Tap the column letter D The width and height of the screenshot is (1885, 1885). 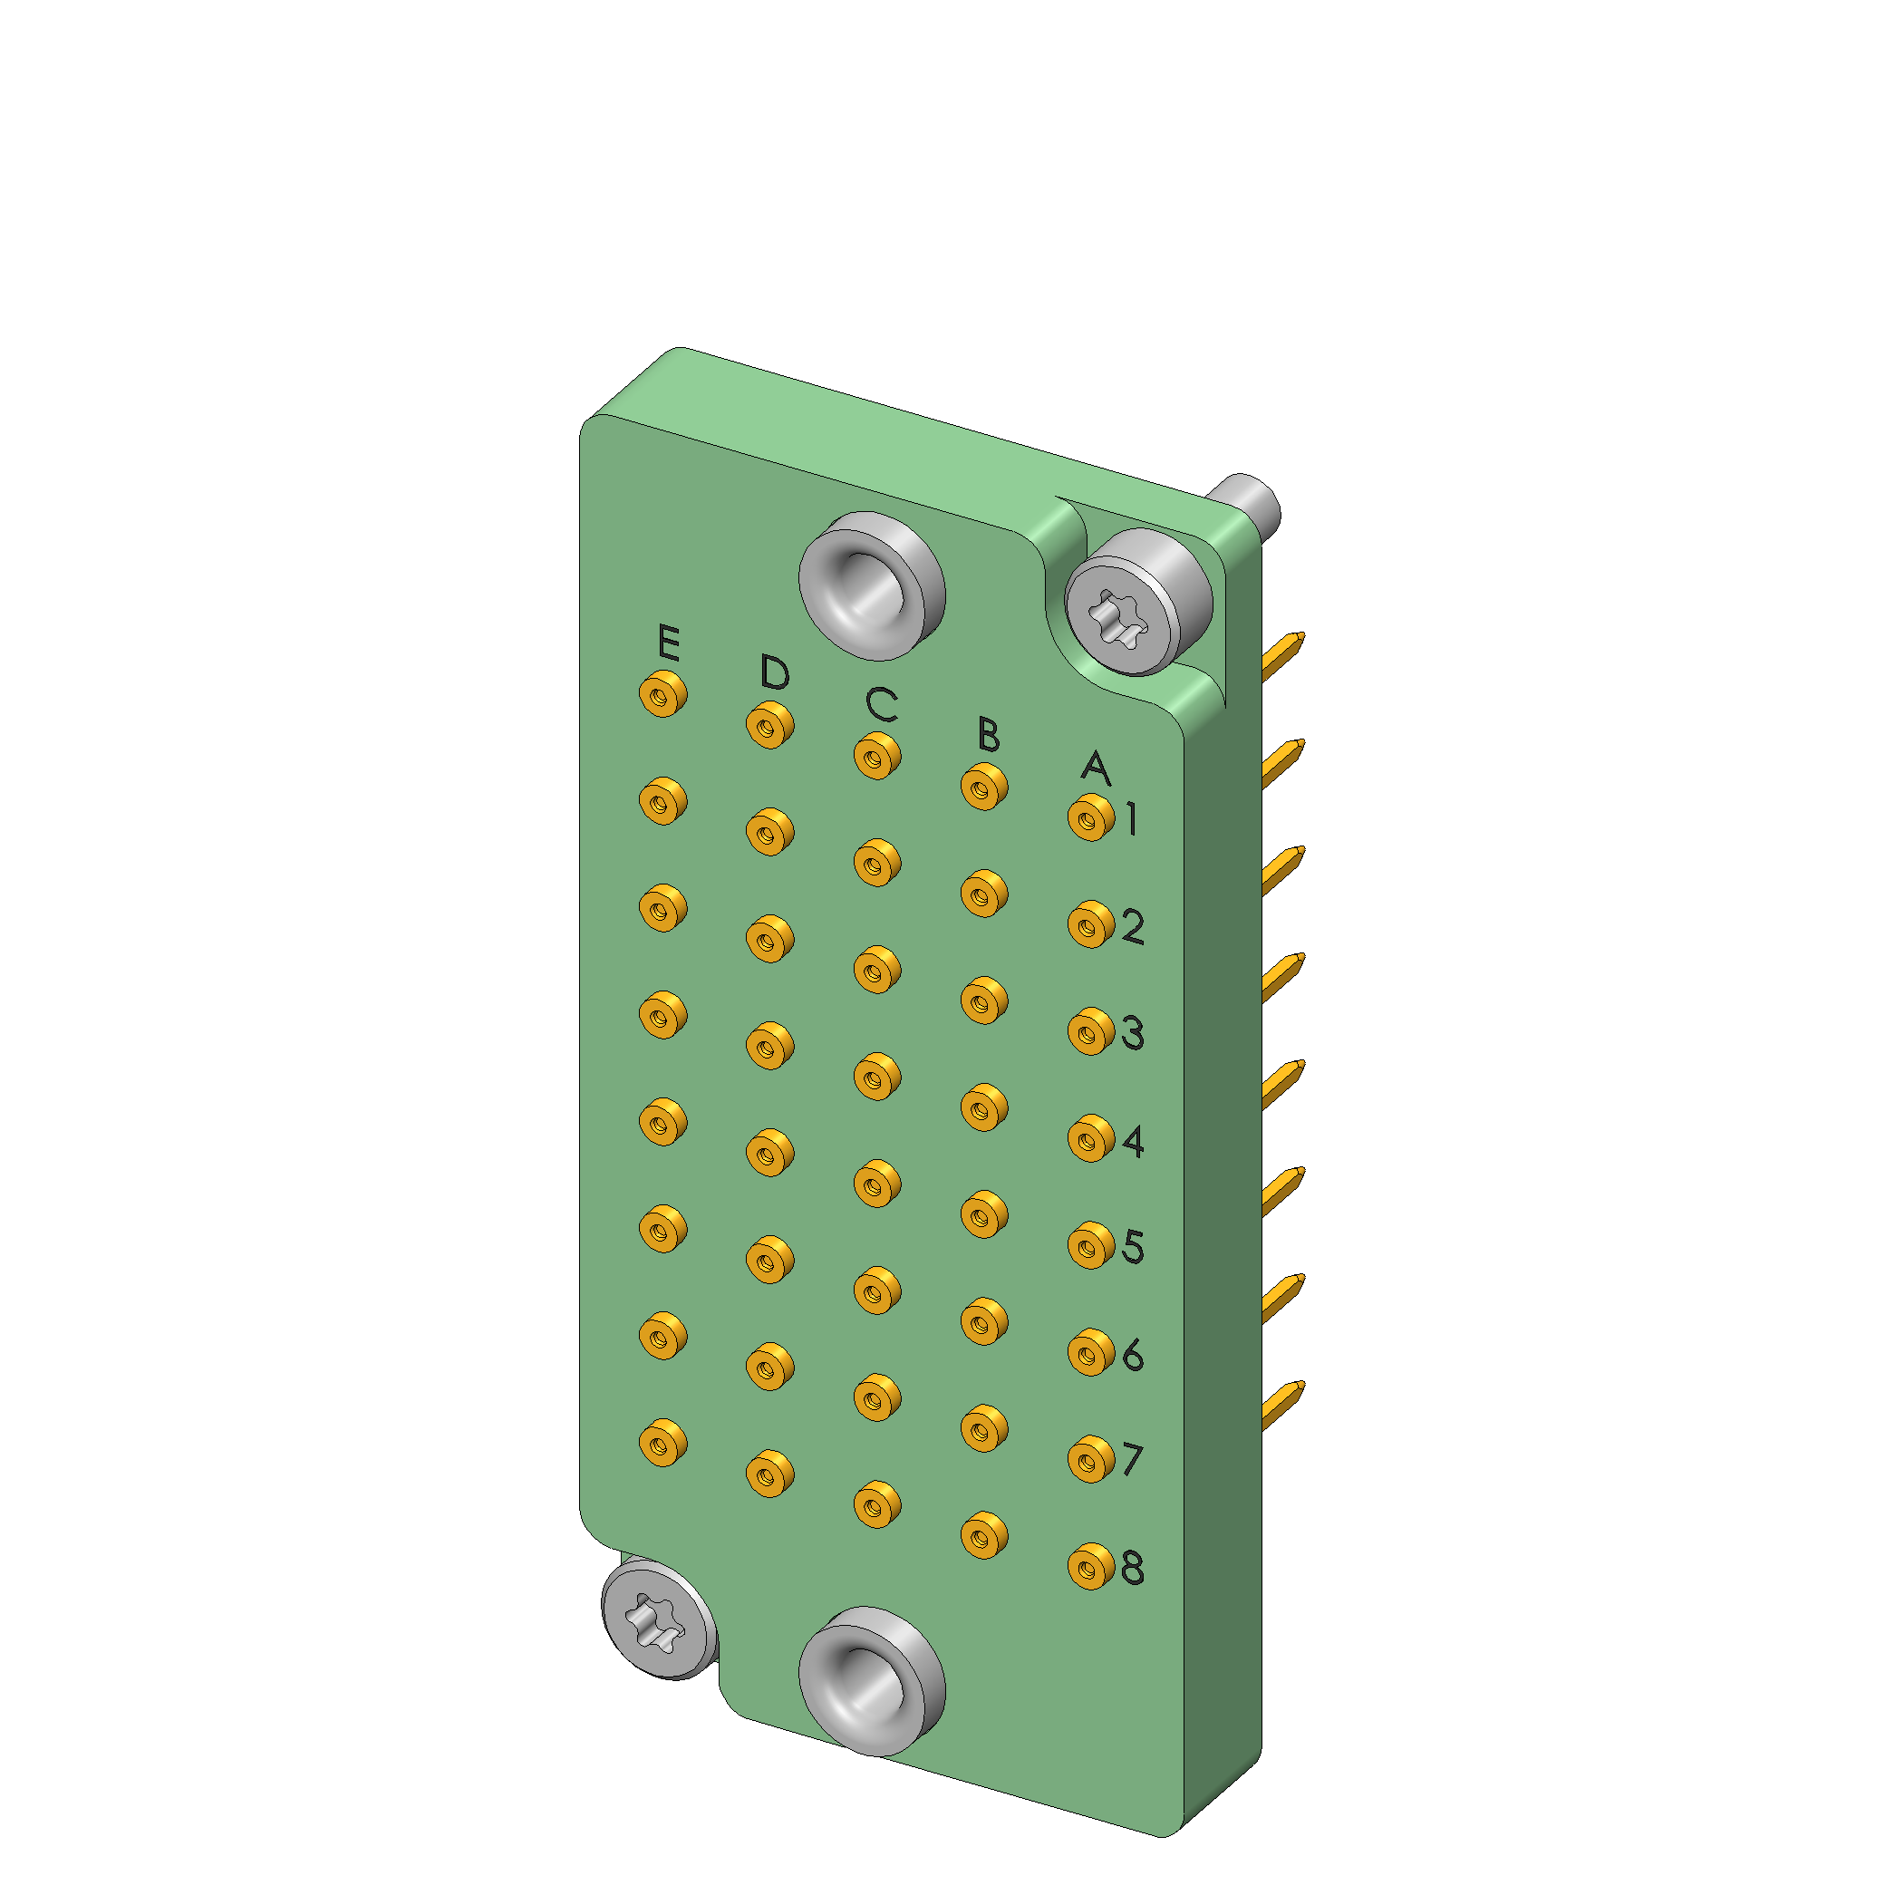pos(775,672)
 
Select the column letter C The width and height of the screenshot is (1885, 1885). pos(882,703)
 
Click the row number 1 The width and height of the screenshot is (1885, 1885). pos(1131,818)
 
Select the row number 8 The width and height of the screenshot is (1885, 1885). pos(1133,1568)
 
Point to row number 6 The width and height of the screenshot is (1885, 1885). pos(1133,1354)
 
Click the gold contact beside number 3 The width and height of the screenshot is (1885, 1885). pos(1091,1031)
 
